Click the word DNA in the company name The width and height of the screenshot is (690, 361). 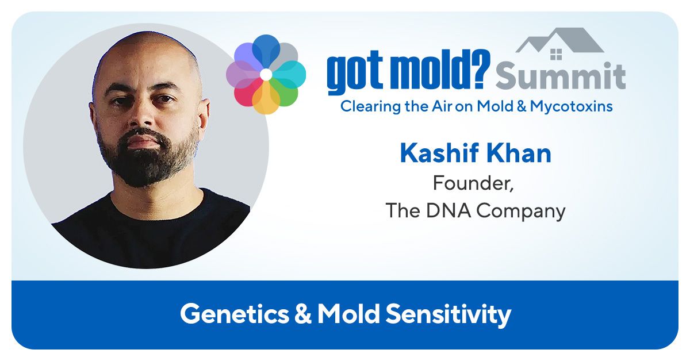click(x=448, y=210)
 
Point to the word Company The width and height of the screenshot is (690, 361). click(x=521, y=212)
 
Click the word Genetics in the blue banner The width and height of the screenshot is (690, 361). click(x=235, y=314)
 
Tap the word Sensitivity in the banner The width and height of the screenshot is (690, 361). click(x=448, y=315)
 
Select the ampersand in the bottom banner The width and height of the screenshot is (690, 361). click(x=303, y=314)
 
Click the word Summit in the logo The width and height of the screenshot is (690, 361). click(x=561, y=75)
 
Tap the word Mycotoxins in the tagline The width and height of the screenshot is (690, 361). click(x=571, y=107)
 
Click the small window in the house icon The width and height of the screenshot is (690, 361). click(x=556, y=55)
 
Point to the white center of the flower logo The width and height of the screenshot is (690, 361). click(x=266, y=75)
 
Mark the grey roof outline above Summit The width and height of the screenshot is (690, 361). click(x=559, y=40)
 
